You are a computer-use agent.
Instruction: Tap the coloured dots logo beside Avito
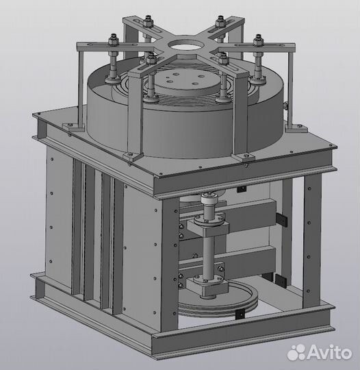(296, 352)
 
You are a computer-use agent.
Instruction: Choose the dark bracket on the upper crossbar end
(281, 218)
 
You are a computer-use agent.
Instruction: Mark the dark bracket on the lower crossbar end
(280, 278)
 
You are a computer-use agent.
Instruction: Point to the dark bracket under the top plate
(240, 189)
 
